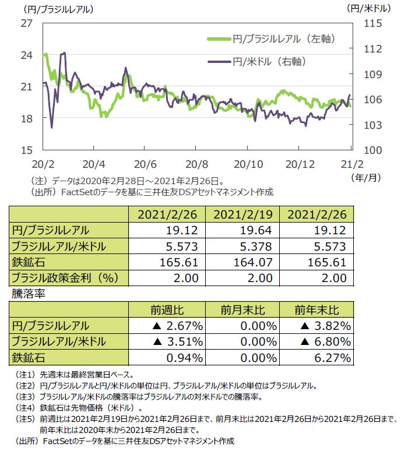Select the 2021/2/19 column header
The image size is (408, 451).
pyautogui.click(x=242, y=216)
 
